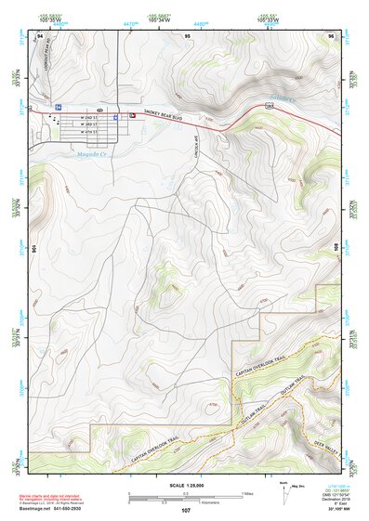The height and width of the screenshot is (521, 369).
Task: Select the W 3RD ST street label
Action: point(90,125)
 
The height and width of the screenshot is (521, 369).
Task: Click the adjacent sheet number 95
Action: point(187,34)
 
